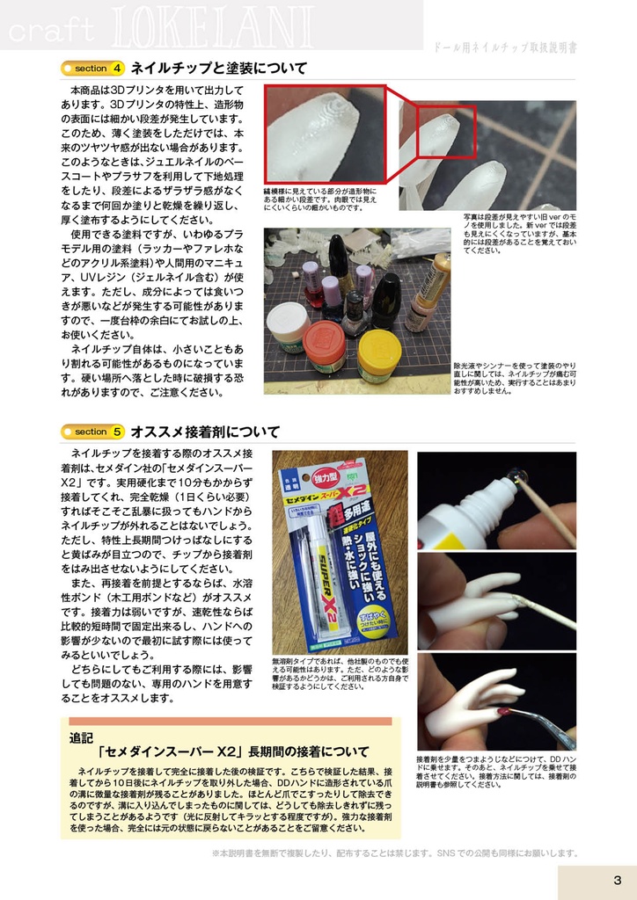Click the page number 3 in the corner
pyautogui.click(x=618, y=881)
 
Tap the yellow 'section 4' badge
pyautogui.click(x=92, y=69)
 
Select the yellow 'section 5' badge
pyautogui.click(x=92, y=432)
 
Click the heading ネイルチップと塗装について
pyautogui.click(x=218, y=69)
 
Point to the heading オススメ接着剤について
pyautogui.click(x=205, y=432)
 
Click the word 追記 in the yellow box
pyautogui.click(x=82, y=737)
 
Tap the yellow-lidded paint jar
pyautogui.click(x=378, y=354)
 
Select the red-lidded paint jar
pyautogui.click(x=324, y=345)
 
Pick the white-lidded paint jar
pyautogui.click(x=288, y=325)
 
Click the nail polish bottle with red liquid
pyautogui.click(x=311, y=281)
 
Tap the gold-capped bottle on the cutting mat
pyautogui.click(x=430, y=290)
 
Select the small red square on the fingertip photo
pyautogui.click(x=445, y=131)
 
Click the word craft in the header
pyautogui.click(x=48, y=30)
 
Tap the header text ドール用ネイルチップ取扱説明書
pyautogui.click(x=506, y=47)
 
